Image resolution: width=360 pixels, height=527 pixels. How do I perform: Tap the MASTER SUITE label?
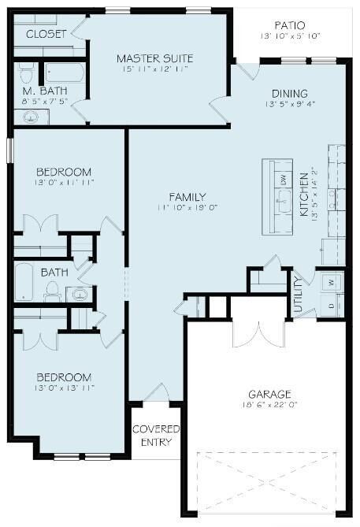click(x=154, y=58)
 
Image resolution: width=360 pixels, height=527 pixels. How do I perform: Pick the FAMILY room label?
click(x=187, y=197)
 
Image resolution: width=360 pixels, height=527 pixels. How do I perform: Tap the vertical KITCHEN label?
click(x=304, y=197)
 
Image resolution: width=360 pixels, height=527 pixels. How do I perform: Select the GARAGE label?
click(x=269, y=395)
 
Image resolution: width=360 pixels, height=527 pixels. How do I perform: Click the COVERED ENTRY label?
click(x=155, y=436)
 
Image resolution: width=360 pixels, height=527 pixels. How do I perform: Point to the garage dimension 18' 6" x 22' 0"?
click(x=269, y=405)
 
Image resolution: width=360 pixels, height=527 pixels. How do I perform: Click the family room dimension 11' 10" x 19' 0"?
click(x=187, y=207)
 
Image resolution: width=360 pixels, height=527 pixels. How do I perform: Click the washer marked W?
click(x=331, y=280)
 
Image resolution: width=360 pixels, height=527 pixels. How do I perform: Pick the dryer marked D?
click(x=331, y=304)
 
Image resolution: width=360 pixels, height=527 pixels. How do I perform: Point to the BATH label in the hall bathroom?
click(x=54, y=273)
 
